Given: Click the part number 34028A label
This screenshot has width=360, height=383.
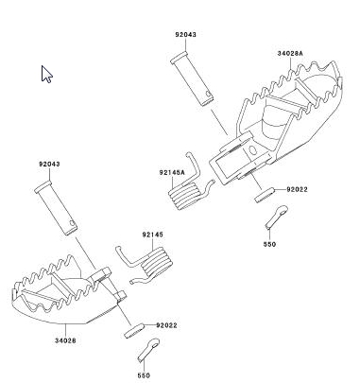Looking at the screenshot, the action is click(x=290, y=53).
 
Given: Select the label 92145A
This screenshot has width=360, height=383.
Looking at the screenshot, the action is click(x=172, y=172).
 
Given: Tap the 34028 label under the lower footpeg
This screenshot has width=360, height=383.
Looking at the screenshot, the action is click(x=65, y=340).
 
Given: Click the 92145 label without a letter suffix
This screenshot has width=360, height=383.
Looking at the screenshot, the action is click(x=153, y=235).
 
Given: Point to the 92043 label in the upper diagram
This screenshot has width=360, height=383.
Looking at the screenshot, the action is click(x=186, y=34).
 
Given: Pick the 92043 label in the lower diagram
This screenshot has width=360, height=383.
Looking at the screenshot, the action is click(x=49, y=164).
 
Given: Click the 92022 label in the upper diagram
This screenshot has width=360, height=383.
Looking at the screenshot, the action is click(x=297, y=189).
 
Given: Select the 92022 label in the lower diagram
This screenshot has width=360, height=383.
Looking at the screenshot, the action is click(x=166, y=325).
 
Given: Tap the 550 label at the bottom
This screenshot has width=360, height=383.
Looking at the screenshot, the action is click(x=144, y=375).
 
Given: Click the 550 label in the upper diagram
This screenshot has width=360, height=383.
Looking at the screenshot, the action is click(x=269, y=244).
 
